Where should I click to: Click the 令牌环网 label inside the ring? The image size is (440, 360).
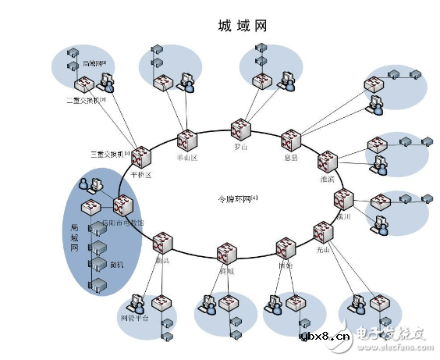pos(237,198)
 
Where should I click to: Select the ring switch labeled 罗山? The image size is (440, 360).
pos(240,130)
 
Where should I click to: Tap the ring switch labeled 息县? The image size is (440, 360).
pos(291,141)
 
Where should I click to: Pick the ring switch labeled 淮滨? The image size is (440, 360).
pos(327,162)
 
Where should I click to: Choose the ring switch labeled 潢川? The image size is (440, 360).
pos(344,201)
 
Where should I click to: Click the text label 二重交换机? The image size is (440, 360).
pos(86,100)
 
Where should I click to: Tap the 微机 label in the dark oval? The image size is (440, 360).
pos(116,266)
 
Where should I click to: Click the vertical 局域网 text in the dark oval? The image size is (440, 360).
pos(76,237)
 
